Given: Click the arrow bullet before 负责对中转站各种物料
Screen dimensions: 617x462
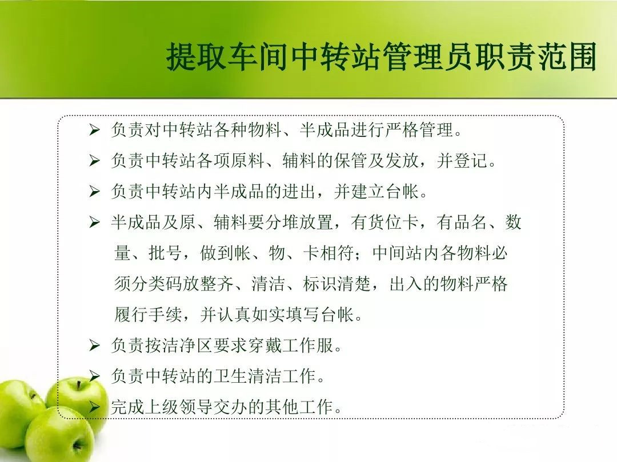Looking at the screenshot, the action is [x=94, y=129].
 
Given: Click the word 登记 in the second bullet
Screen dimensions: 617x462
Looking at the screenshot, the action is [x=471, y=160].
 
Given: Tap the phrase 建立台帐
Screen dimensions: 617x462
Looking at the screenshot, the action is [x=385, y=191].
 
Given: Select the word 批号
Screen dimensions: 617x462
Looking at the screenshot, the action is [x=165, y=253].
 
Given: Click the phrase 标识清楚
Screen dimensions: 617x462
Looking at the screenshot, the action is [x=337, y=283].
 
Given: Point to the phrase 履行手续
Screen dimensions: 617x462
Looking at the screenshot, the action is [x=149, y=314].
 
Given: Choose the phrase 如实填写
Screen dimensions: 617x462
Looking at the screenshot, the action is [x=286, y=314].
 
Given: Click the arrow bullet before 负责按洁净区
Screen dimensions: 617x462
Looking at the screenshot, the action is [x=94, y=345].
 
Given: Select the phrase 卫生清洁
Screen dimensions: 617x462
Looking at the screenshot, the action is [x=247, y=375].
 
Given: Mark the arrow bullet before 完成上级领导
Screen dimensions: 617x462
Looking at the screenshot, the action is [x=94, y=407].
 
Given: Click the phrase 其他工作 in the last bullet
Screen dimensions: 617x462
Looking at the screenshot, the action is [x=299, y=407].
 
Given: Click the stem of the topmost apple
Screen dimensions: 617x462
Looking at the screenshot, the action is [x=79, y=384].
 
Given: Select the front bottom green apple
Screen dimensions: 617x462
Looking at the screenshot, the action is [x=59, y=436].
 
